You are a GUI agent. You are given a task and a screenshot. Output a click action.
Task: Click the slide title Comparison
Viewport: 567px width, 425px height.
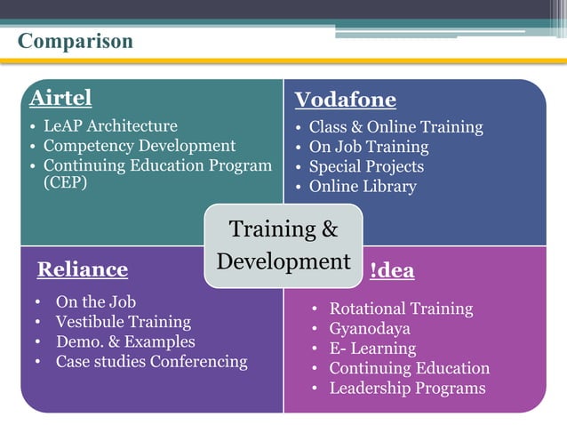(x=76, y=42)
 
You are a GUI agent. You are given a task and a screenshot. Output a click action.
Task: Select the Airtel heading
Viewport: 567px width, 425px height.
(x=60, y=97)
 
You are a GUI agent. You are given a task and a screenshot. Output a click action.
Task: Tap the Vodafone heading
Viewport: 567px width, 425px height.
(x=345, y=100)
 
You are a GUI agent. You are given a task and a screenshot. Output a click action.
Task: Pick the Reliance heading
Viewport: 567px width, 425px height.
(x=83, y=269)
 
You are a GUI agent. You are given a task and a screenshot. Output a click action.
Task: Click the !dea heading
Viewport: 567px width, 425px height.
(x=392, y=271)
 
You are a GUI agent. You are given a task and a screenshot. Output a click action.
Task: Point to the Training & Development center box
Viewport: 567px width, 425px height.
(x=283, y=245)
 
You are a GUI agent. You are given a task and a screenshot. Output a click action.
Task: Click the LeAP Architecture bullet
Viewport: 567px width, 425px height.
(x=110, y=126)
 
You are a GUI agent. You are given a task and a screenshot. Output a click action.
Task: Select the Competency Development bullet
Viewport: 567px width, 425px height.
(x=140, y=146)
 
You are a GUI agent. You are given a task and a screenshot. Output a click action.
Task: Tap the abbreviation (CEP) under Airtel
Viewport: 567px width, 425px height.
(x=66, y=184)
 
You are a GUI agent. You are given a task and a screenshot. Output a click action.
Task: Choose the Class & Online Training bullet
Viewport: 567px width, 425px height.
(x=395, y=127)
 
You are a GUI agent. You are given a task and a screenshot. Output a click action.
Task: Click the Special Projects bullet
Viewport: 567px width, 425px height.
(x=366, y=166)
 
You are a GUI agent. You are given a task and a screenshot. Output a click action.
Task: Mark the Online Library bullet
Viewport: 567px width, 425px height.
(x=362, y=186)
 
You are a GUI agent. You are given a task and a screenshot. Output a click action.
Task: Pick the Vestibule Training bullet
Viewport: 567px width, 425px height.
(x=123, y=322)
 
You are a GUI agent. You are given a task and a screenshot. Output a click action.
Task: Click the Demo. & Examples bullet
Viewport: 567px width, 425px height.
(x=125, y=341)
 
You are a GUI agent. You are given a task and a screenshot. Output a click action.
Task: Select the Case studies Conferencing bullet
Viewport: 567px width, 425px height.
(x=151, y=362)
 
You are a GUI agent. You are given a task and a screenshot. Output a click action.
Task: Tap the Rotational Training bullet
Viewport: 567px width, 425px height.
(x=401, y=309)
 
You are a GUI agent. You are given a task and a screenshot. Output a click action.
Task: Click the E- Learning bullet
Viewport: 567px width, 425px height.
(x=372, y=349)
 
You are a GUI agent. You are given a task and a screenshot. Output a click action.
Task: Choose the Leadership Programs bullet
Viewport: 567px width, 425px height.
(x=407, y=389)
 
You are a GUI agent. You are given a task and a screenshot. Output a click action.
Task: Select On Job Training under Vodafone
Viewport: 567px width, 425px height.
(x=368, y=147)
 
